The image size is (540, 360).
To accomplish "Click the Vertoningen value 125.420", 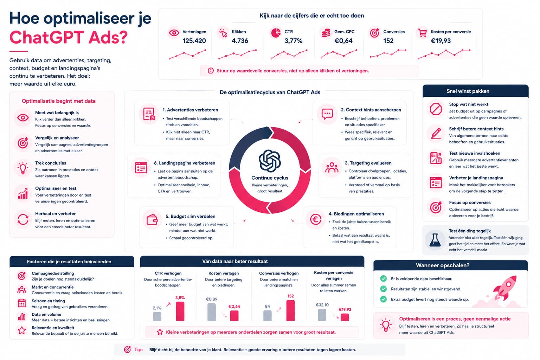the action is tap(194, 41).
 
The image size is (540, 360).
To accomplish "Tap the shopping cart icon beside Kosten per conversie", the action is tap(422, 33).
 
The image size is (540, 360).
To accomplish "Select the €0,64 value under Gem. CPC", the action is tap(343, 41).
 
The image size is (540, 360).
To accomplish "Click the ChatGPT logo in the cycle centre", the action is tap(270, 161).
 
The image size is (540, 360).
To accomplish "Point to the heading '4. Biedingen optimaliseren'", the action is tap(356, 214).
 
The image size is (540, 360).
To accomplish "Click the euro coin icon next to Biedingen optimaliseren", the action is tap(316, 219).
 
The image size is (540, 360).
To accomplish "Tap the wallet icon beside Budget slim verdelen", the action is tap(152, 219).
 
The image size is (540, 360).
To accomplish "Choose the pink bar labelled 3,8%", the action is tap(180, 311).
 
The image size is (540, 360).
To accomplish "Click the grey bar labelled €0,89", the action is tap(212, 312).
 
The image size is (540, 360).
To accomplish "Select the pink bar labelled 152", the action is tap(290, 310).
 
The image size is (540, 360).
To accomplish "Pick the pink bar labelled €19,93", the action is tap(345, 317).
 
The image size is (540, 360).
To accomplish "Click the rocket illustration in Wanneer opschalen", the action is tap(505, 288).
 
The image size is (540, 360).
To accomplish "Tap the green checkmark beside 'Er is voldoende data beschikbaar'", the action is tap(383, 278).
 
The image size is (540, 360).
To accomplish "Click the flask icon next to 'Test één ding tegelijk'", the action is tap(435, 240).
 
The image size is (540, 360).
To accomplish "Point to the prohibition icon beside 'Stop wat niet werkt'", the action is tap(436, 109).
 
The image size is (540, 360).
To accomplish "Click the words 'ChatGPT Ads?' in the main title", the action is tap(69, 37).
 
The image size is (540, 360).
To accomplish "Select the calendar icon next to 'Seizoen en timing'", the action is tap(22, 303).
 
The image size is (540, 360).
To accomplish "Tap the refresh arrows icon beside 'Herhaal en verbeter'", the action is tap(23, 219).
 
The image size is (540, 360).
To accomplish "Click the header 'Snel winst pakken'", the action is tap(468, 91).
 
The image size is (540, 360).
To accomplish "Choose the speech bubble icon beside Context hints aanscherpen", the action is tap(327, 114).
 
